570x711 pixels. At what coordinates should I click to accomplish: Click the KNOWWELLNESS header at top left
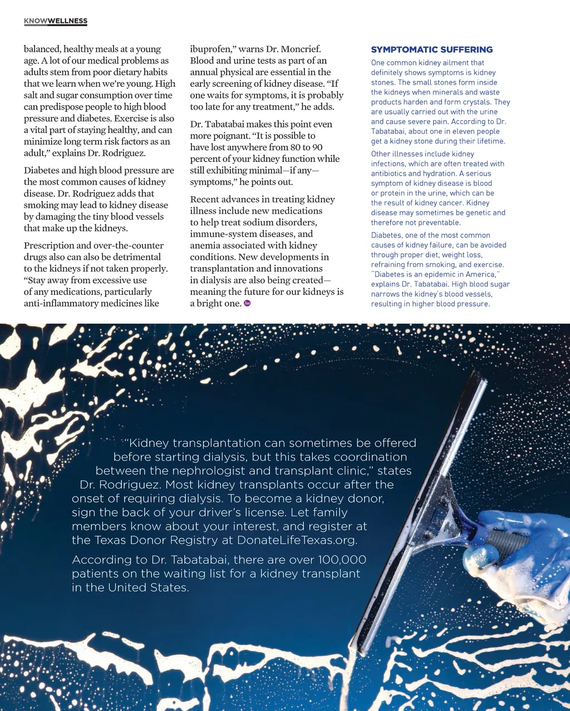click(56, 21)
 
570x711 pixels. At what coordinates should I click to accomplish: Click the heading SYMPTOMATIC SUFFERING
click(432, 50)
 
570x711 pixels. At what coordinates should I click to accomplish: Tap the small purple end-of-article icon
click(247, 303)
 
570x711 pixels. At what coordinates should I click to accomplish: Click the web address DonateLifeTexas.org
click(297, 540)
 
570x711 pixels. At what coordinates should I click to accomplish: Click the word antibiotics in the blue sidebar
click(390, 174)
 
